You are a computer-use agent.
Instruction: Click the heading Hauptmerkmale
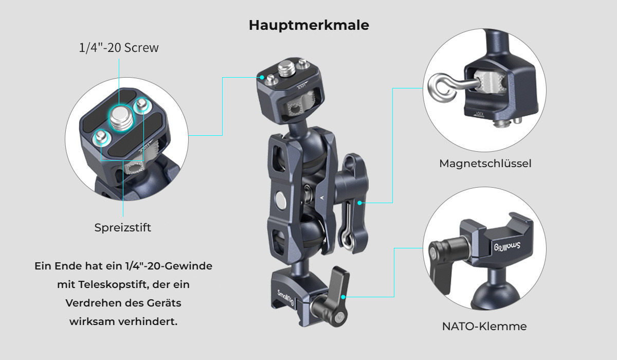coord(309,25)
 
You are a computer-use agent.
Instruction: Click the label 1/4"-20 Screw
coord(119,48)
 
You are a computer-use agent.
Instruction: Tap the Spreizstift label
coord(122,228)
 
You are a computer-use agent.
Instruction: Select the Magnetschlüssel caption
coord(485,164)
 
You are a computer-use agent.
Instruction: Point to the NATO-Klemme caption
coord(484,327)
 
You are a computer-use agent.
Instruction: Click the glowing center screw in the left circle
coord(121,118)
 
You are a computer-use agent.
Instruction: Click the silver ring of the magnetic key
coord(440,87)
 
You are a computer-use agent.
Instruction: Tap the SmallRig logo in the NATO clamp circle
coord(507,246)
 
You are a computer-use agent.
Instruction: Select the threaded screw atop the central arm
coord(286,69)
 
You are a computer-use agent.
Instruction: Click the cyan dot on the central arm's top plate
coord(262,77)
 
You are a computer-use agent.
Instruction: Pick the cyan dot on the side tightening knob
coord(360,203)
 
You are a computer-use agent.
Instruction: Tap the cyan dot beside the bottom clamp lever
coord(343,297)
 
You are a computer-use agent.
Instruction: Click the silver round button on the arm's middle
coord(281,200)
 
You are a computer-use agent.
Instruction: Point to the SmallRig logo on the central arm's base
coord(285,297)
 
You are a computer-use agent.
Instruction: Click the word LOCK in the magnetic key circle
coord(480,114)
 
